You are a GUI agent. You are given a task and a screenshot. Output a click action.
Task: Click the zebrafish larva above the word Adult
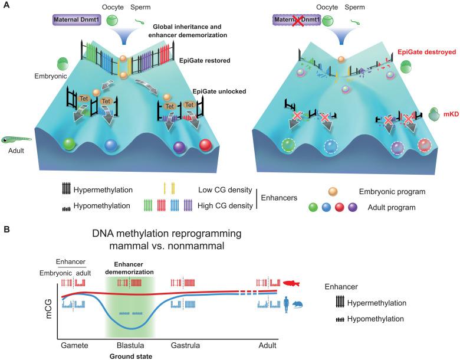coord(18,140)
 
